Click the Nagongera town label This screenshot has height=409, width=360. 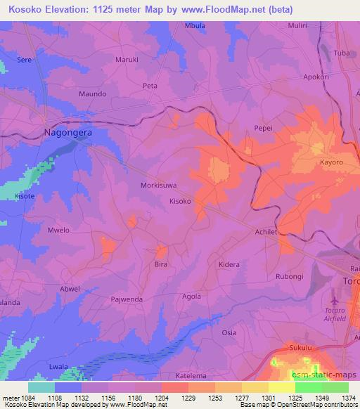coord(68,131)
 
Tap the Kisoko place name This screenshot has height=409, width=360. coord(181,200)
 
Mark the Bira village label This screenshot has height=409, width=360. coord(161,265)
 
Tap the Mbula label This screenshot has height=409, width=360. coord(195,26)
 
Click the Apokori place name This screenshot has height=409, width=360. coord(316,77)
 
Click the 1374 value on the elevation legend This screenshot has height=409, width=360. coord(348,398)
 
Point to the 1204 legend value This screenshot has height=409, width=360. coord(161,398)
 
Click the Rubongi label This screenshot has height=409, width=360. coord(289,276)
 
